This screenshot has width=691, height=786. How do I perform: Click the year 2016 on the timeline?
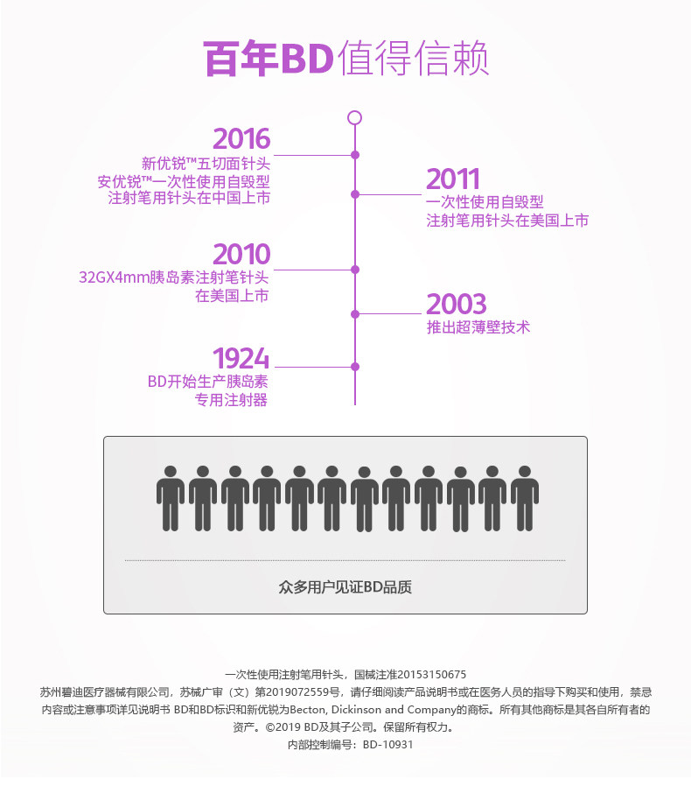241,139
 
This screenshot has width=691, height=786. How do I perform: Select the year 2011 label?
453,179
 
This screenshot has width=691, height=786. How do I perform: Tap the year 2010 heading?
241,254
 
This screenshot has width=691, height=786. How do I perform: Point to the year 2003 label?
456,305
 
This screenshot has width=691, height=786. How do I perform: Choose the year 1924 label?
241,358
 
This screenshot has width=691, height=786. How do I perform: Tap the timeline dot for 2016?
355,155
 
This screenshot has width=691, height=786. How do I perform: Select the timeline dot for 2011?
355,194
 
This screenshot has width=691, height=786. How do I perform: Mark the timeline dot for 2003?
355,314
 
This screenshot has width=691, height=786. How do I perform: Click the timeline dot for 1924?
355,367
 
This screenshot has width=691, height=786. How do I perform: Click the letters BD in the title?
307,58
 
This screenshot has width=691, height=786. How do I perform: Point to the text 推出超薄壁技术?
478,327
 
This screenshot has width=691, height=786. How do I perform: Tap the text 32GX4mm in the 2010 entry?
114,277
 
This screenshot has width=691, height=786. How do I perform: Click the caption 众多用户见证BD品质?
345,587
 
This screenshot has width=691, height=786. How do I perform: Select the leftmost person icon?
171,498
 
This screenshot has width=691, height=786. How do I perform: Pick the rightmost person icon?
525,498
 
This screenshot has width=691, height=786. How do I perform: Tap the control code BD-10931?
387,745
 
